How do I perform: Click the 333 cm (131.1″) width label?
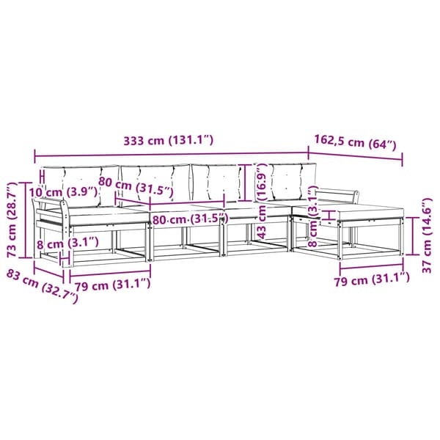(x=169, y=140)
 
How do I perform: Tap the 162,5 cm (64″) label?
(x=355, y=142)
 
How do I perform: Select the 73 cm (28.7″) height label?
(x=12, y=220)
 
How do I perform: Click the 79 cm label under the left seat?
(x=112, y=285)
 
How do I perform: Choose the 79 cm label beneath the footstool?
(x=372, y=279)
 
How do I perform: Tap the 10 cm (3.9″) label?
(x=63, y=192)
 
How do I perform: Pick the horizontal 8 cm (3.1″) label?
(x=67, y=243)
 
